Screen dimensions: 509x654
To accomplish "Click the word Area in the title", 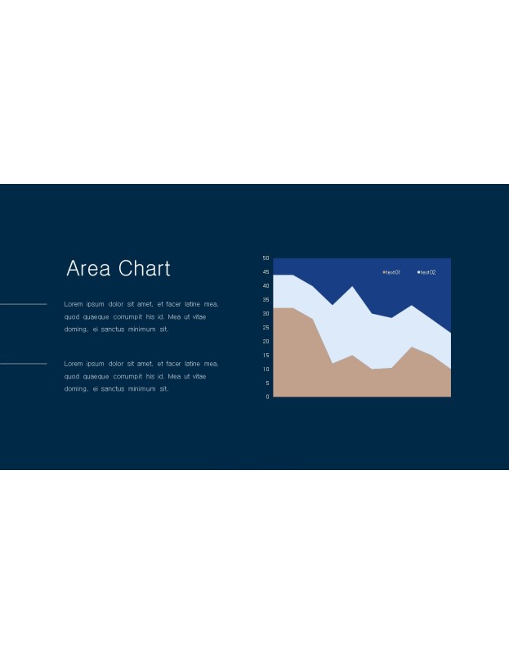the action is [x=88, y=268].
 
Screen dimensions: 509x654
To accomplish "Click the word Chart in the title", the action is [x=145, y=268].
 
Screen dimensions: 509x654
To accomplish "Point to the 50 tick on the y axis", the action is [x=266, y=258].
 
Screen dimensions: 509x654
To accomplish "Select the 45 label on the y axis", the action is [x=266, y=272].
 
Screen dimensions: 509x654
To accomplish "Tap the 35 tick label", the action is [x=266, y=300].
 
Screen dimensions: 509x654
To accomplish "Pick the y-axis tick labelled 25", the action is [x=266, y=328].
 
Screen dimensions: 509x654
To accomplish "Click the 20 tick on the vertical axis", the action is [x=266, y=341].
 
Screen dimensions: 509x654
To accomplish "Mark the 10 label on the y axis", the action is [x=266, y=370].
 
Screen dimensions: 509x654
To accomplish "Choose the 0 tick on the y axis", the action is [x=268, y=396].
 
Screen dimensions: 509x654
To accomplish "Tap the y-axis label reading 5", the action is [x=268, y=383].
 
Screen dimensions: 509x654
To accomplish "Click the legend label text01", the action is [x=393, y=272].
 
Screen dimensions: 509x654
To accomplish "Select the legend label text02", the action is [x=428, y=272].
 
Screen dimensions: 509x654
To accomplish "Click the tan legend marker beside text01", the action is [x=384, y=272].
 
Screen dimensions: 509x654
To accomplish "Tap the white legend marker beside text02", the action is [x=418, y=272].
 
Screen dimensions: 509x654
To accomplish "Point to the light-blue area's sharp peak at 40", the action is [x=352, y=287].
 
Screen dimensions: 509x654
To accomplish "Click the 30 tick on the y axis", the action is [x=266, y=314].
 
